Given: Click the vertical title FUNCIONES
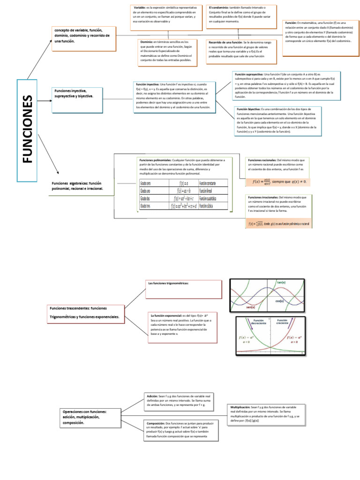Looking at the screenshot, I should pyautogui.click(x=28, y=129).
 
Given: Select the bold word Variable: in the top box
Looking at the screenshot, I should pyautogui.click(x=140, y=8).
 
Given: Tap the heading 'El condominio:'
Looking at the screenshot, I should pyautogui.click(x=219, y=8).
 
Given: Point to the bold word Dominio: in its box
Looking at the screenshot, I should pyautogui.click(x=146, y=42).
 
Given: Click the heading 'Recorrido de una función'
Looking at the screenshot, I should pyautogui.click(x=225, y=42).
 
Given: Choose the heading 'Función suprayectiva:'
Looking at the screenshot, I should pyautogui.click(x=248, y=75).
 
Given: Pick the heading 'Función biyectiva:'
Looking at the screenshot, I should pyautogui.click(x=248, y=109).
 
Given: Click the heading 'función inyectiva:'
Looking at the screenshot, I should pyautogui.click(x=147, y=84).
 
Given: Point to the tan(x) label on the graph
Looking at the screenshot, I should pyautogui.click(x=282, y=283).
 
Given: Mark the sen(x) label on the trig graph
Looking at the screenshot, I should pyautogui.click(x=250, y=307).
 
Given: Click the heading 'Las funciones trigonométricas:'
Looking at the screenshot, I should pyautogui.click(x=168, y=284).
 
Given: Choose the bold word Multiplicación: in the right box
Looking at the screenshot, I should pyautogui.click(x=240, y=408).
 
